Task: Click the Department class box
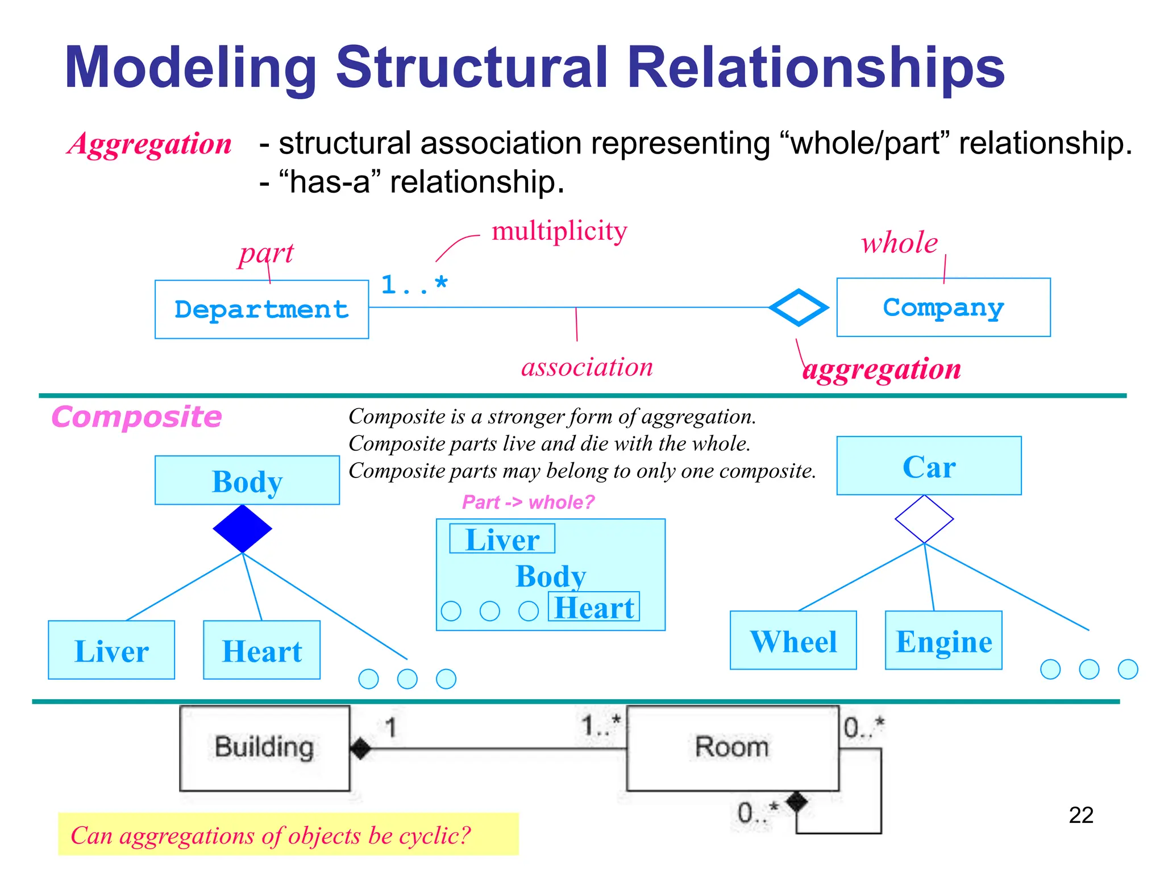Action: click(261, 309)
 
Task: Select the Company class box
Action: click(943, 307)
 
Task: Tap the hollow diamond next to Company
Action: click(799, 307)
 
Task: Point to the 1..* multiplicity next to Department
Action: click(414, 284)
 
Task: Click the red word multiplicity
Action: click(559, 231)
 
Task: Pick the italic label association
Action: click(587, 367)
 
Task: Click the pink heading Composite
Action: click(136, 417)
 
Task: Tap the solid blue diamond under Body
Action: click(243, 529)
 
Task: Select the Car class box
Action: click(929, 466)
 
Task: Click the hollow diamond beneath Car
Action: click(924, 519)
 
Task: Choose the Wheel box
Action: click(793, 641)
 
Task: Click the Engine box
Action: click(943, 641)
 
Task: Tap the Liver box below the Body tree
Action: click(111, 650)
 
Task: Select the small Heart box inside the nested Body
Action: click(594, 607)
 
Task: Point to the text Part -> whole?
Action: click(528, 502)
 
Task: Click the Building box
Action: click(264, 748)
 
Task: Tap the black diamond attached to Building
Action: click(361, 748)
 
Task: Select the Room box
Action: click(732, 748)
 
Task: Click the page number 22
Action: click(1080, 815)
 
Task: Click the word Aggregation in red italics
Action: click(150, 143)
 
